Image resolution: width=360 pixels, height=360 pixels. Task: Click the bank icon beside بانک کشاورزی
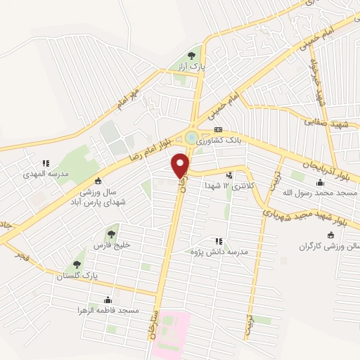click(x=218, y=130)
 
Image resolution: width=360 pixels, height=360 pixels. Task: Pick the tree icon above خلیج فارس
click(x=111, y=234)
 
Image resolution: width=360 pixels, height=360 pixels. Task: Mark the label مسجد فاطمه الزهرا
click(x=110, y=310)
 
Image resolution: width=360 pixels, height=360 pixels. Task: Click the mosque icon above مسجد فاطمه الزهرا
click(x=108, y=300)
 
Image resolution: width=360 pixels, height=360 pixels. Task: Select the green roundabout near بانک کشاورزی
click(x=191, y=136)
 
